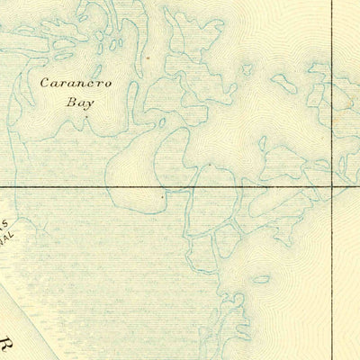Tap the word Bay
click(79, 102)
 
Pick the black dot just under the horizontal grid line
click(162, 194)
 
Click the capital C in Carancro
click(46, 84)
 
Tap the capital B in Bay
click(70, 102)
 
